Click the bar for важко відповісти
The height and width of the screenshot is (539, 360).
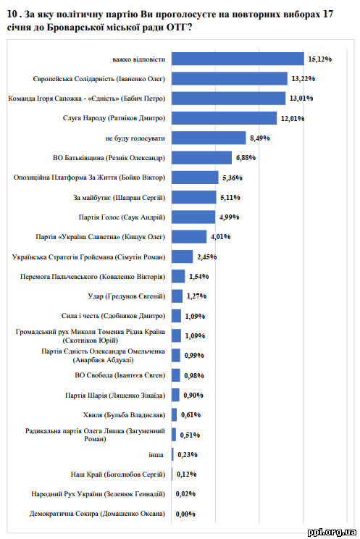(x=238, y=59)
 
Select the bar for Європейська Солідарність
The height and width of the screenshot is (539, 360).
(x=230, y=78)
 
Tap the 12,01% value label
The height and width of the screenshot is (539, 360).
(x=293, y=119)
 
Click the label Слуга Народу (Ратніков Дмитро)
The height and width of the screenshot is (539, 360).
(x=114, y=118)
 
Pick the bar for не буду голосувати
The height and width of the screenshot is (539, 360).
(x=209, y=138)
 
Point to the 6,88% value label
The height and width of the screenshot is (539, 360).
(x=246, y=158)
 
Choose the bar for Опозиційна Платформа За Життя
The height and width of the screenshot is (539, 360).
(x=195, y=177)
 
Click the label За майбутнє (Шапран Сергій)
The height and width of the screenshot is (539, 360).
(x=119, y=198)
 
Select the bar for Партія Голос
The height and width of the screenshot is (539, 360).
(x=193, y=217)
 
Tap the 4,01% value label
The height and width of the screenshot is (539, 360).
(x=221, y=237)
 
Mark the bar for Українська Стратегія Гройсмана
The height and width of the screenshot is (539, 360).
(x=183, y=256)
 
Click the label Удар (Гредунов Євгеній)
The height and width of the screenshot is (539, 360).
(x=127, y=296)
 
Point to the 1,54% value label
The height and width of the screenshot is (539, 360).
(x=199, y=276)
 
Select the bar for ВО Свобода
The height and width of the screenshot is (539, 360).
(x=176, y=375)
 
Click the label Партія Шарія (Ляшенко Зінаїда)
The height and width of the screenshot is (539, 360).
(x=115, y=396)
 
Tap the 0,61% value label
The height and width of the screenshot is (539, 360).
(x=191, y=415)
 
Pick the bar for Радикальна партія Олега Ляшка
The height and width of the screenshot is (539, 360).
(x=174, y=435)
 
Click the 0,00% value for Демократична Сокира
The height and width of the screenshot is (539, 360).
(x=185, y=514)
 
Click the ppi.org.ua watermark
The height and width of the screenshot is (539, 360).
(x=332, y=532)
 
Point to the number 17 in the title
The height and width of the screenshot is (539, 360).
(x=328, y=14)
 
